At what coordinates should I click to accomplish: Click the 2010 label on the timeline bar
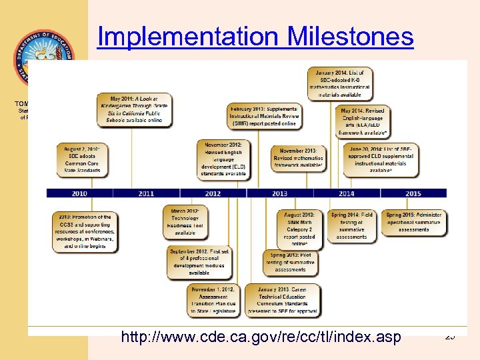(79, 193)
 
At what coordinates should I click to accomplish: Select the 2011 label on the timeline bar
(146, 193)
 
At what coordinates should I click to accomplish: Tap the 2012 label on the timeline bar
(213, 193)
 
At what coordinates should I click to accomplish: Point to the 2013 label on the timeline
(279, 193)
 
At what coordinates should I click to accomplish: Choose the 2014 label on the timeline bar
(346, 193)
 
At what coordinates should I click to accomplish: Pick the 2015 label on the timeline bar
(413, 193)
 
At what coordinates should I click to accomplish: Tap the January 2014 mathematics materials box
(340, 84)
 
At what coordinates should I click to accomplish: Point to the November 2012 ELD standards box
(223, 159)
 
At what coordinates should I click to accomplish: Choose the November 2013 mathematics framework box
(298, 159)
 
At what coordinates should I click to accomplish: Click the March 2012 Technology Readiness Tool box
(185, 221)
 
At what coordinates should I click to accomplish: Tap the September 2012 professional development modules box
(199, 261)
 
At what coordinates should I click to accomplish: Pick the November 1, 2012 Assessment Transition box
(213, 301)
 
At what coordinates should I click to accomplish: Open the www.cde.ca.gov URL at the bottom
(261, 337)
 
